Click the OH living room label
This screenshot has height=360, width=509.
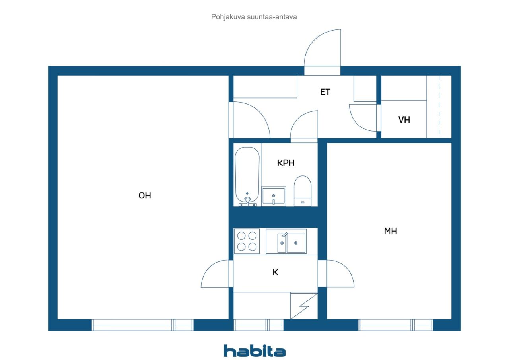[x=145, y=195]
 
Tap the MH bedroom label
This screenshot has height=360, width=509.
[x=390, y=231]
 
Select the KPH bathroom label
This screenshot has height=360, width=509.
[x=286, y=163]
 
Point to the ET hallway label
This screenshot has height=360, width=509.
[x=325, y=92]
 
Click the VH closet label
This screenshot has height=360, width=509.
[x=404, y=119]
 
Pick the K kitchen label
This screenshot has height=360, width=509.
[x=275, y=272]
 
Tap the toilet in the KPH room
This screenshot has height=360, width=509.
[x=302, y=191]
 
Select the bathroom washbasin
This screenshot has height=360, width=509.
[x=274, y=196]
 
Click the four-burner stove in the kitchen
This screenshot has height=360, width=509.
[x=247, y=241]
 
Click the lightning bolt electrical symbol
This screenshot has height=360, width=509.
[x=304, y=306]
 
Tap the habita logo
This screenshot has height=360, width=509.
[x=254, y=350]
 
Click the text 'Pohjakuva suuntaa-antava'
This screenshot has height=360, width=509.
[x=254, y=17]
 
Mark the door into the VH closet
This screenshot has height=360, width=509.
[x=362, y=117]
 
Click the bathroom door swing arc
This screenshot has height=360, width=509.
[x=304, y=125]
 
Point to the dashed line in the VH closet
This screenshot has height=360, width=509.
[x=439, y=105]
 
